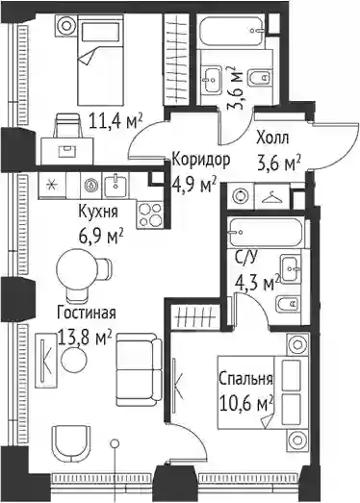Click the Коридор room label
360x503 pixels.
201,160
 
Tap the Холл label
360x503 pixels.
272,138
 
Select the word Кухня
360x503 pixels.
98,212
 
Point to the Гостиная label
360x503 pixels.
86,313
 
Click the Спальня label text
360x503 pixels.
245,379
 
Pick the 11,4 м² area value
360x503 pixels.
116,121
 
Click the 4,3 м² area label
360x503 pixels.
257,284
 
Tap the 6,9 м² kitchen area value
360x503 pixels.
101,237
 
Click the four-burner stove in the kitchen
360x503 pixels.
150,214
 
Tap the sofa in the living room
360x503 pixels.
140,369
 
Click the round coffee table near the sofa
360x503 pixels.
74,360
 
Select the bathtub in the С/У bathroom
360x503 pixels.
265,233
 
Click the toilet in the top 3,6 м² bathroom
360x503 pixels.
259,77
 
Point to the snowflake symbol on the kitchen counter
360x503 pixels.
52,186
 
